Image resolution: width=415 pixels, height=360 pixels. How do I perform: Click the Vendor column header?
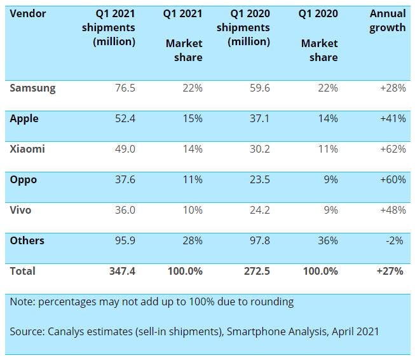[x=28, y=13]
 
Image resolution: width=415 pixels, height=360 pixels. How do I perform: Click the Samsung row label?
[x=32, y=88]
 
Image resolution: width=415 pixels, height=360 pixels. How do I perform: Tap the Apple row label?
[x=24, y=118]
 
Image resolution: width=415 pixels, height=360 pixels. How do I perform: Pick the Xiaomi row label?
[x=27, y=149]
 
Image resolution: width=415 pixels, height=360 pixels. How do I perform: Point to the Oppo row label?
[x=24, y=179]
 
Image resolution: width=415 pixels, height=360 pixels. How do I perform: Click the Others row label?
[x=27, y=240]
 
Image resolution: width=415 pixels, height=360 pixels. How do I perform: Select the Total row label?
[x=23, y=271]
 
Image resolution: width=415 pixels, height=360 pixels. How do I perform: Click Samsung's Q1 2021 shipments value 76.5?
[x=124, y=88]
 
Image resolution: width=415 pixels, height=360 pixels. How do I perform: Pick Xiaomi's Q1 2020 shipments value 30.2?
[x=258, y=149]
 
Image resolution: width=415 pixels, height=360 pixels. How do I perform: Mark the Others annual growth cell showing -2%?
[x=395, y=240]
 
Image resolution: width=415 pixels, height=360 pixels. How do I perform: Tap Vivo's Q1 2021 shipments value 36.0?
[x=124, y=210]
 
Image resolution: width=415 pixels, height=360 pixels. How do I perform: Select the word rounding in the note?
[x=271, y=301]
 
